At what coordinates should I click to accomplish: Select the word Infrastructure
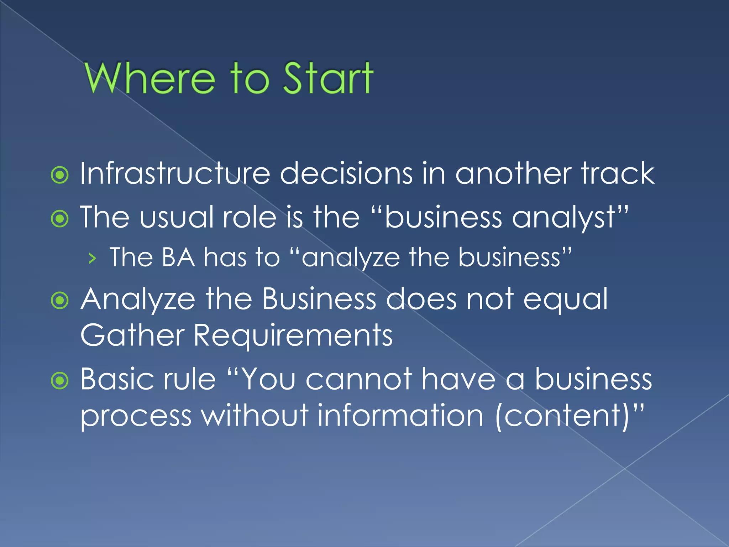tap(175, 173)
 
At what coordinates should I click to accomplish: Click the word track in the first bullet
tap(618, 173)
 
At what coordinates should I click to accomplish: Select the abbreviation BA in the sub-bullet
tap(178, 257)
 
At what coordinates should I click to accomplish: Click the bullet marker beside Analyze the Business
tap(60, 301)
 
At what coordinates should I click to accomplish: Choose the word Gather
tap(132, 335)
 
